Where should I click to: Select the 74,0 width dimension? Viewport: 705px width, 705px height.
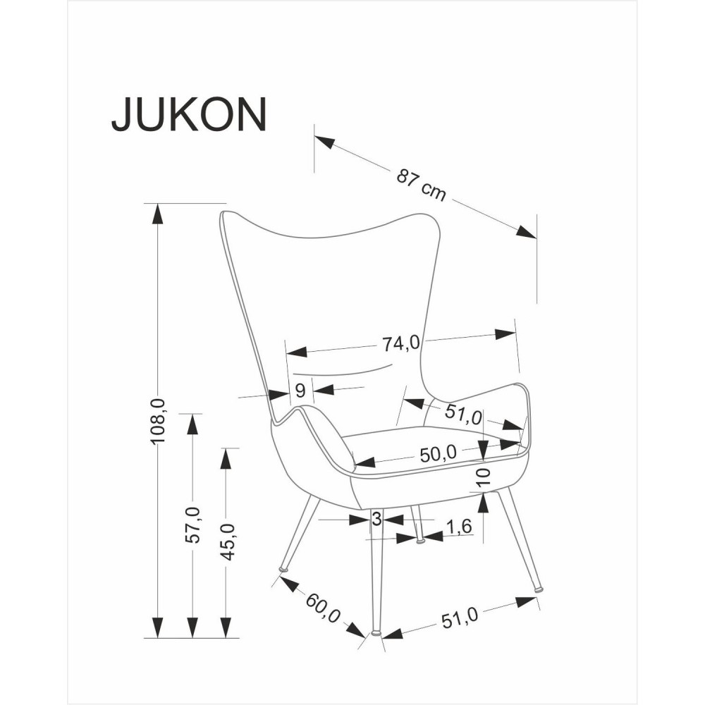coord(400,343)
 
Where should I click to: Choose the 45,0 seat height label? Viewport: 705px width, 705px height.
coord(226,541)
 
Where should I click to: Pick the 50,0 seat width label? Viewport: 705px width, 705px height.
coord(439,455)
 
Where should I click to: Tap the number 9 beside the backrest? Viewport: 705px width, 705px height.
coord(300,391)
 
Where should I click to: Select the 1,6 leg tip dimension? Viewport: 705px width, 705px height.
coord(458,527)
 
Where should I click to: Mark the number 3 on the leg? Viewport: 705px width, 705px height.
coord(376,520)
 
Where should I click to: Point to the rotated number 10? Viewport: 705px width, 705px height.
coord(482,477)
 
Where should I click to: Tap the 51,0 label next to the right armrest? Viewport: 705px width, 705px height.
coord(463,415)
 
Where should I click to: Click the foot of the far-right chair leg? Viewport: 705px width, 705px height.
coord(538,587)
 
